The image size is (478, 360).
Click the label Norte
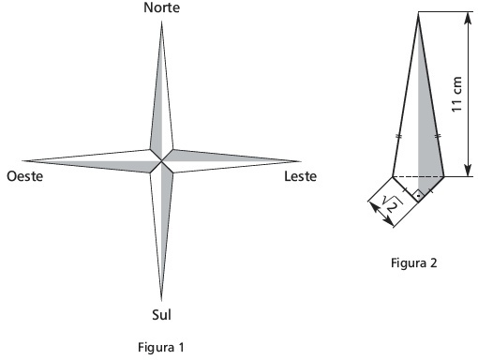tap(161, 7)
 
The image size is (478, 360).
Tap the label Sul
tap(161, 314)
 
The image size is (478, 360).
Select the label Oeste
tap(25, 176)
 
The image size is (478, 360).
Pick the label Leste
tap(300, 176)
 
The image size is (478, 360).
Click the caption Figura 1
tap(161, 347)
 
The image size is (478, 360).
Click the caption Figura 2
tap(413, 262)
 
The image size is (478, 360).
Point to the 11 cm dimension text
tap(456, 94)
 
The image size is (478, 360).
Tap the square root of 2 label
tap(392, 203)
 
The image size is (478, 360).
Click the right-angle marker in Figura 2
tap(418, 196)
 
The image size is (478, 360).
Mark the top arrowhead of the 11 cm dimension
tap(468, 18)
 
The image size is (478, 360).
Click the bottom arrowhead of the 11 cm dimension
tap(468, 171)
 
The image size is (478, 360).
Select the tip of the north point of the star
tap(161, 22)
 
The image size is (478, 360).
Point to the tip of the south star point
tap(161, 301)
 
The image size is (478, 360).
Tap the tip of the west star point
tap(22, 161)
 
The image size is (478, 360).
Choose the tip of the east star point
tap(301, 161)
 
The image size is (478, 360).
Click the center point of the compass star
tap(161, 161)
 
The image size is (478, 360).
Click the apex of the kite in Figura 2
tap(418, 14)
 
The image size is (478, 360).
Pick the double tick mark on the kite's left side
tap(398, 136)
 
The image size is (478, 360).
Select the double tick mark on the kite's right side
tap(438, 136)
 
